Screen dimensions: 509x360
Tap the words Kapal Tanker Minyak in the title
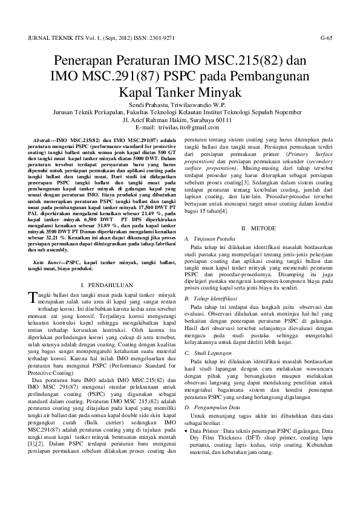[180, 92]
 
